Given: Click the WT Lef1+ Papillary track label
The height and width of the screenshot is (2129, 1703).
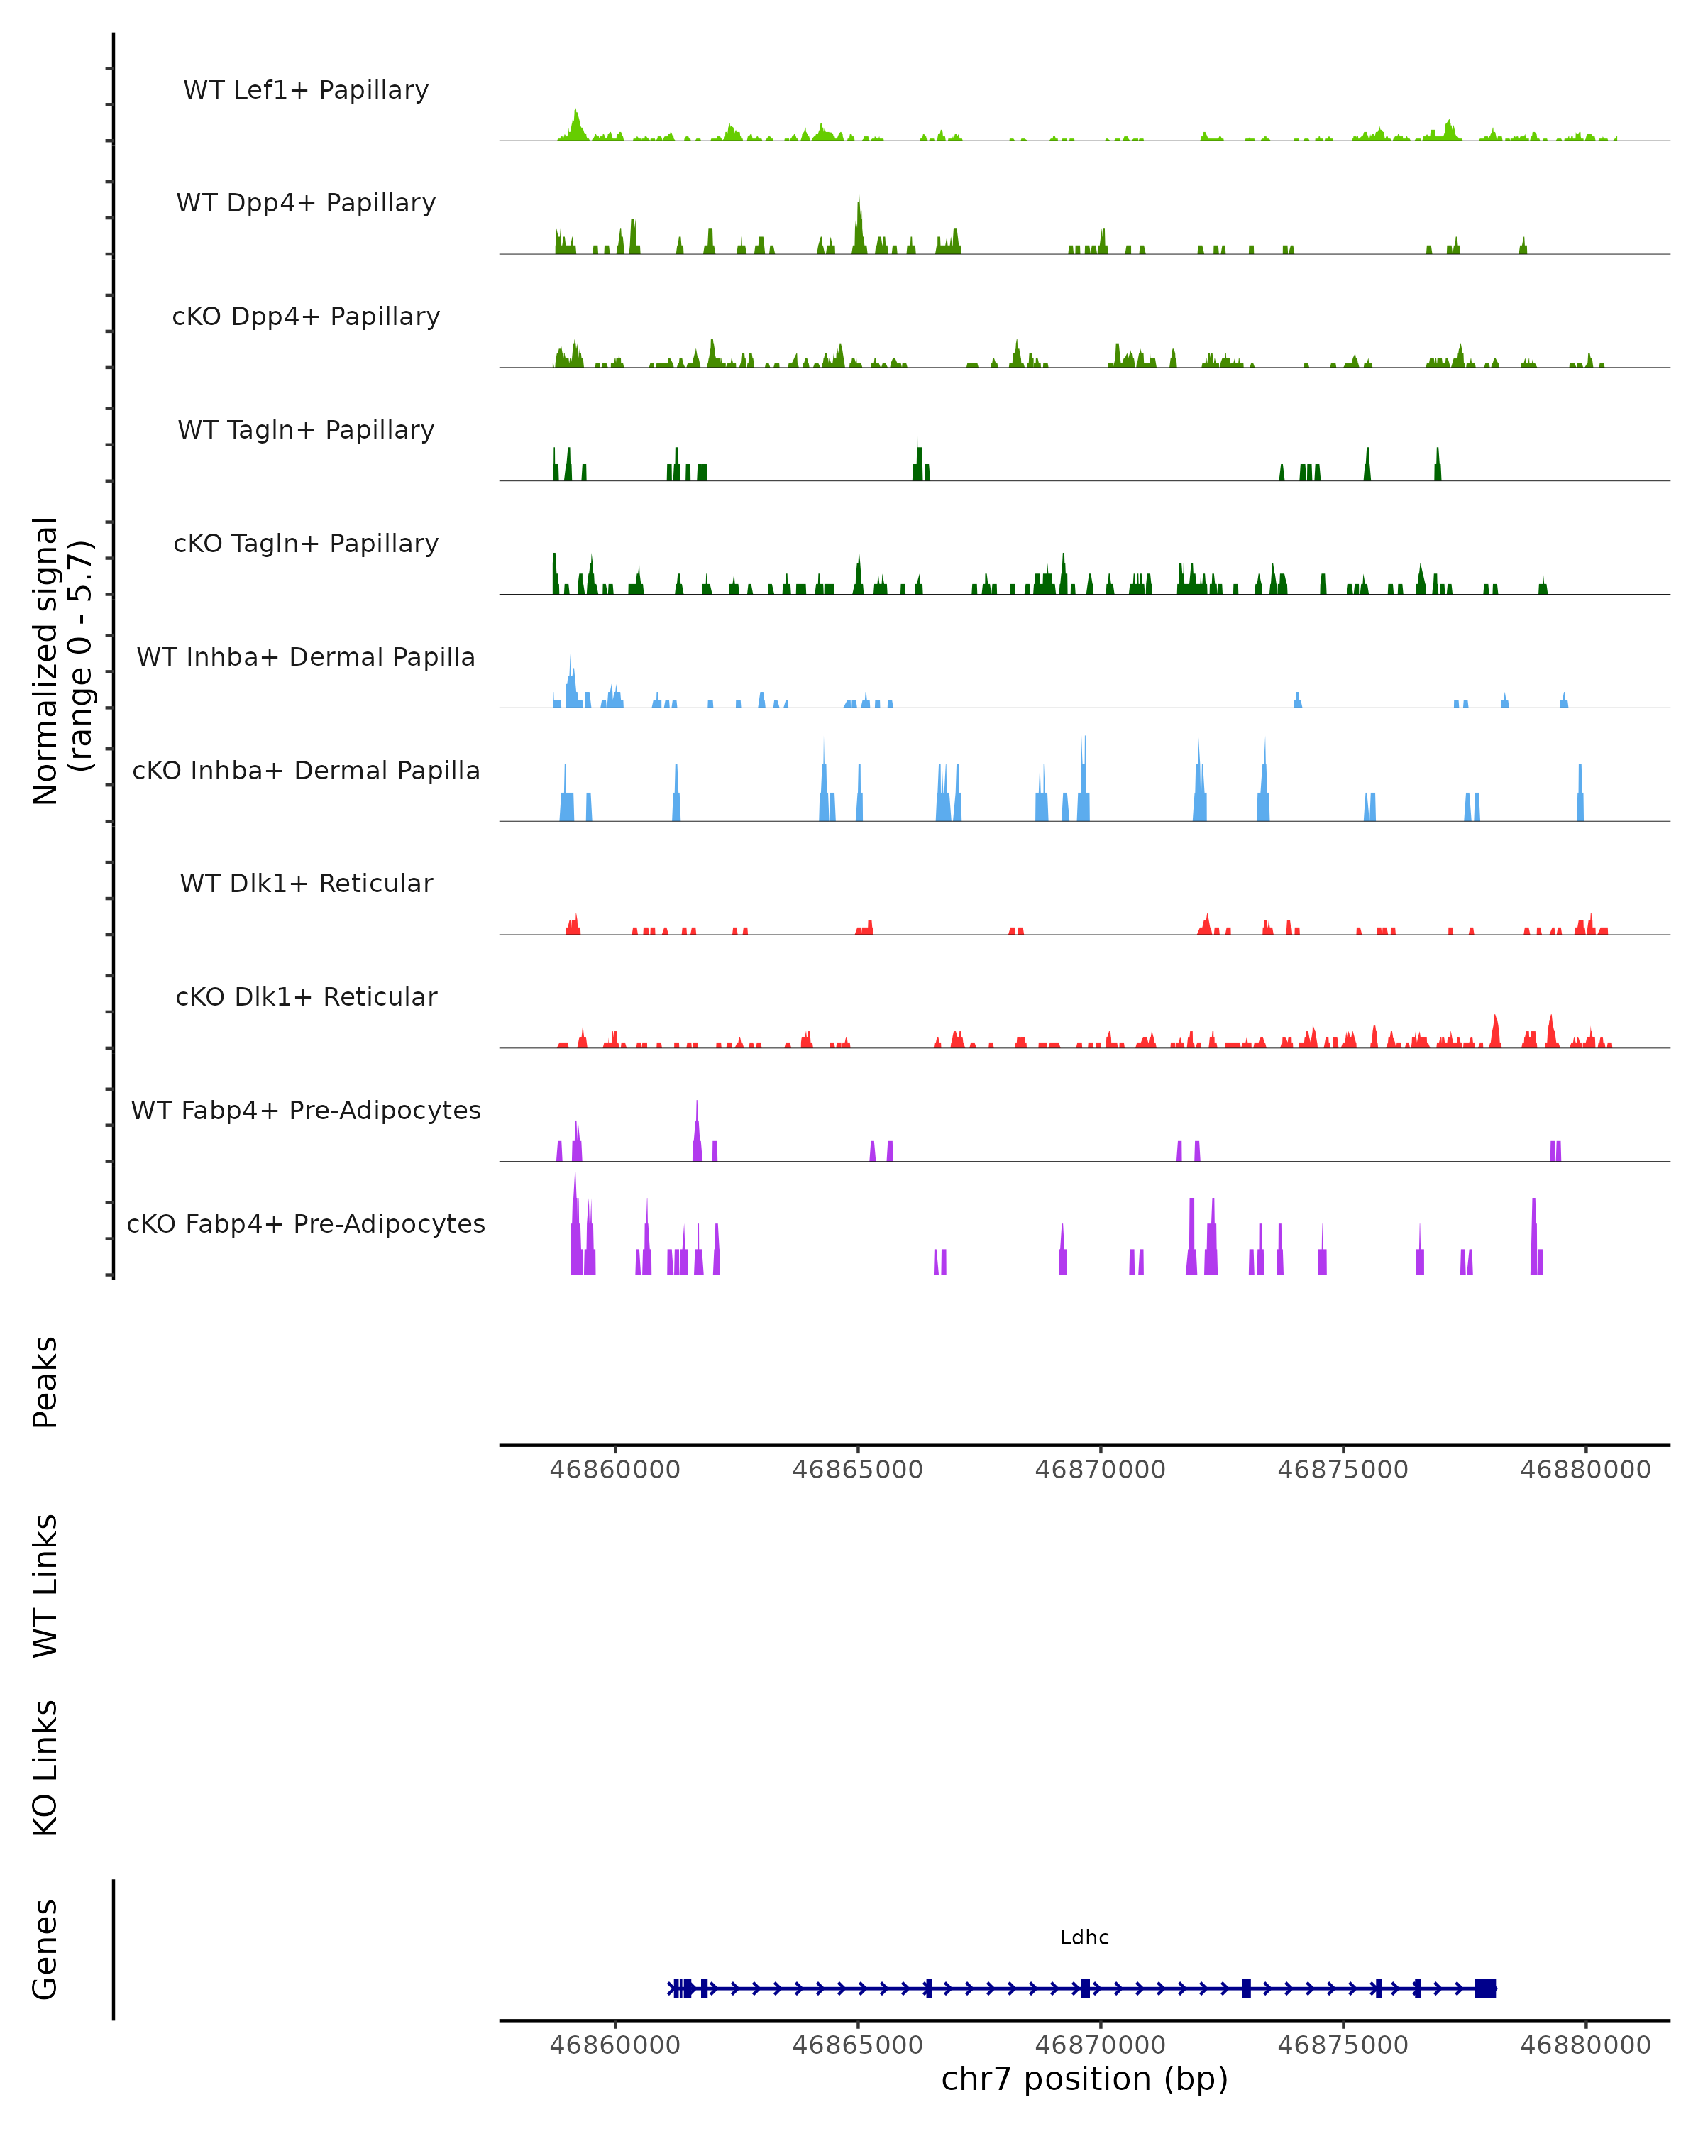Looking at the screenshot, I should (306, 90).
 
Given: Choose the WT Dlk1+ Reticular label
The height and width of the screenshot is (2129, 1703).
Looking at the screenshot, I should (306, 883).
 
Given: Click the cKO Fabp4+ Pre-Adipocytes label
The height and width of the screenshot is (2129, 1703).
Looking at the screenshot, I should (306, 1223).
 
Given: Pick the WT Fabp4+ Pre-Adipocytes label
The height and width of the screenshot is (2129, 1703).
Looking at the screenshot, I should (306, 1110).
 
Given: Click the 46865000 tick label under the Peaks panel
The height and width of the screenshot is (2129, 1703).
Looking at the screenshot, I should (857, 1470).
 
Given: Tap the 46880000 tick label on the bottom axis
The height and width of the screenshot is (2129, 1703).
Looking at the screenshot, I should (1584, 2045).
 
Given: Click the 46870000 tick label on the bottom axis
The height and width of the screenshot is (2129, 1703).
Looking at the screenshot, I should (1100, 2045).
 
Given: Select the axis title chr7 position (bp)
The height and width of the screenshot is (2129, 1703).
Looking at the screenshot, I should (1084, 2079).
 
